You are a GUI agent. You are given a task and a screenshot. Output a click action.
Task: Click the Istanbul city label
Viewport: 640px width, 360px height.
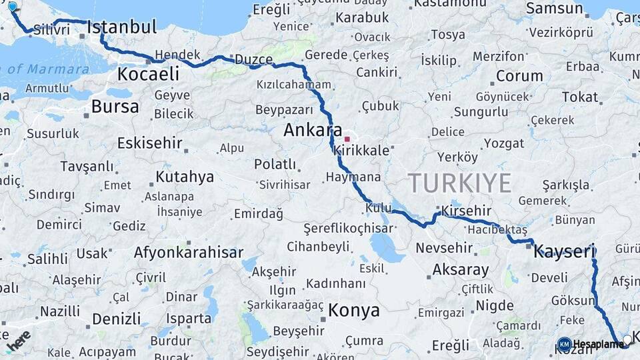click(122, 27)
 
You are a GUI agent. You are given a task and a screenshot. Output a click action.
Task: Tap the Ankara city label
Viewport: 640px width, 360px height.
click(313, 130)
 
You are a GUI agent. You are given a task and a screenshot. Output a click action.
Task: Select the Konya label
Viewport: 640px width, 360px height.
click(354, 310)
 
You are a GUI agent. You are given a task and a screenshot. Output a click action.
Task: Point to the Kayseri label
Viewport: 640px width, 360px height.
click(564, 251)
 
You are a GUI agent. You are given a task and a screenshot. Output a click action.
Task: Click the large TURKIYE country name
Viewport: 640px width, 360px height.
click(460, 183)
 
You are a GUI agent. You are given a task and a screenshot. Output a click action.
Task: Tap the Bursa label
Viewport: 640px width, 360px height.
click(115, 106)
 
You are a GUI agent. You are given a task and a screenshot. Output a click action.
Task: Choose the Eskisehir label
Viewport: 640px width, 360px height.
click(150, 143)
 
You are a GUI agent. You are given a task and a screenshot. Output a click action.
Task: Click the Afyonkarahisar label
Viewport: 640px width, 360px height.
click(189, 253)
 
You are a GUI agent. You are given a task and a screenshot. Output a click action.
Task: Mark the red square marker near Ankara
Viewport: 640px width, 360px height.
click(347, 139)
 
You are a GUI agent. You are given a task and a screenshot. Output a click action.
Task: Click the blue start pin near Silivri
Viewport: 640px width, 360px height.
click(12, 7)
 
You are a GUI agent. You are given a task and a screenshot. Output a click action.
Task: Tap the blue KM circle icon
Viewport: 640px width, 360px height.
click(564, 344)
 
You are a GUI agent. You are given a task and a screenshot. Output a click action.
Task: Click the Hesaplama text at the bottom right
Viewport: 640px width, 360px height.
click(598, 344)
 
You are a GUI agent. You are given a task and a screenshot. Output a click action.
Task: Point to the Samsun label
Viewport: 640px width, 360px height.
click(554, 9)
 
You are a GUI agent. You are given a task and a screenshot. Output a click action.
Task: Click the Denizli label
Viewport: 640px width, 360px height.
click(117, 319)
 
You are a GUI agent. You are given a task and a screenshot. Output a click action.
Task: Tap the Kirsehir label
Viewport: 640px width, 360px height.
click(466, 211)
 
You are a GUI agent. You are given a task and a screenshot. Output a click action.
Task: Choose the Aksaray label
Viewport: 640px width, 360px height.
click(461, 270)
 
